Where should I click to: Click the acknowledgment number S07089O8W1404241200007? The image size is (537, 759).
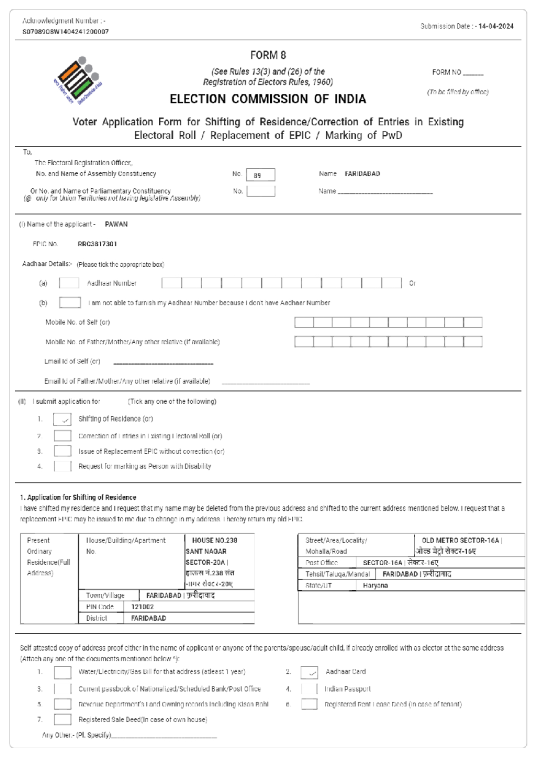(65, 32)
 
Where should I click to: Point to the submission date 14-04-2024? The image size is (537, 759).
(496, 26)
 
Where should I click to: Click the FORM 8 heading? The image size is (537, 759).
(268, 55)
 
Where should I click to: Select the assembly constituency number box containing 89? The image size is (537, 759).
(260, 175)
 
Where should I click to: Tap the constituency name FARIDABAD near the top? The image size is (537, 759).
(362, 174)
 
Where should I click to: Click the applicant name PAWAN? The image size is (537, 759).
(116, 224)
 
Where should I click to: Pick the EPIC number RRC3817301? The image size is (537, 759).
(97, 244)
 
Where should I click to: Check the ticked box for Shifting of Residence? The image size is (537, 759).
(62, 419)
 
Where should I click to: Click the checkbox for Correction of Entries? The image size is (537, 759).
(62, 436)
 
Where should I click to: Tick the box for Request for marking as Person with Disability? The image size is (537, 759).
(62, 466)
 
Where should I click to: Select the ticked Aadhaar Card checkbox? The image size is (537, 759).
(309, 672)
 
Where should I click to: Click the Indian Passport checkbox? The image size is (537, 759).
(309, 689)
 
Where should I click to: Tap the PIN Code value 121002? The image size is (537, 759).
(142, 607)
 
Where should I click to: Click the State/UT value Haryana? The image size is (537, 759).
(375, 585)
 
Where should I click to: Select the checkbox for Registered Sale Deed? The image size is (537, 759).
(62, 720)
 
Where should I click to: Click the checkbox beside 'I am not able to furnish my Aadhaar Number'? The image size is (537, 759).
(70, 303)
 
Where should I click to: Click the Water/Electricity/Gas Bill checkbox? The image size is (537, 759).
(62, 672)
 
